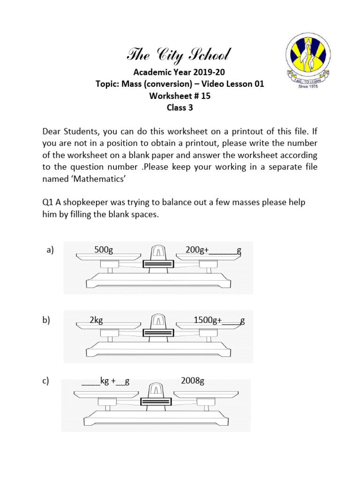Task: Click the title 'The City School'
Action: point(179,56)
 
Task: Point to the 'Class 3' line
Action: point(180,107)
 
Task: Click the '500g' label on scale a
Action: point(104,250)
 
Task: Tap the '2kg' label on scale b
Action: point(96,321)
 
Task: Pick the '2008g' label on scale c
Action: point(193,381)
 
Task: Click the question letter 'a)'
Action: point(50,250)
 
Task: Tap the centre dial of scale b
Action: point(158,323)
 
